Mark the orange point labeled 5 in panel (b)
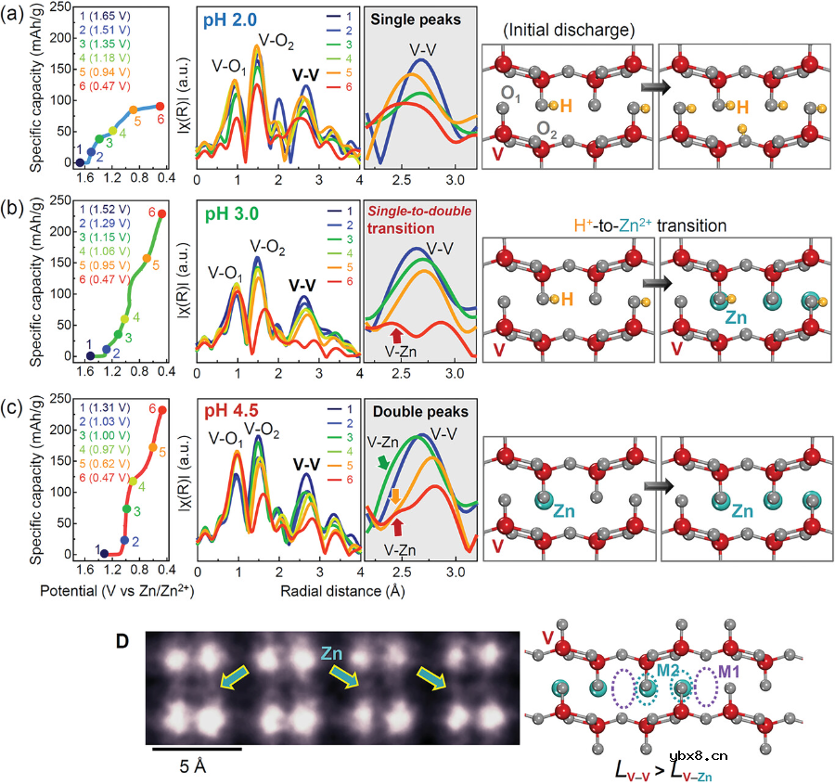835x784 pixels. pyautogui.click(x=146, y=258)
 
